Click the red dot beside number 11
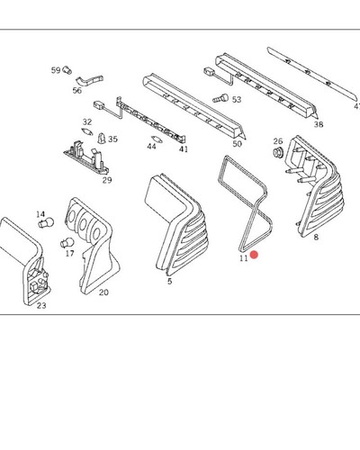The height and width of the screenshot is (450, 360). coord(254,255)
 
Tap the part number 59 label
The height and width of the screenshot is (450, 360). coord(56,70)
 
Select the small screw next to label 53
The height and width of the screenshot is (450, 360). coord(220,98)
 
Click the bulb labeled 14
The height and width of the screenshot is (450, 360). coord(46,222)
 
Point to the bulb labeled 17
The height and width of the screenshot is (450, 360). coord(67,242)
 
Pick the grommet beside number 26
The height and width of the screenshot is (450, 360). coord(278,152)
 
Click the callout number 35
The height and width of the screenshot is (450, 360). coord(112,139)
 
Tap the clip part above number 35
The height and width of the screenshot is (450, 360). coord(102,138)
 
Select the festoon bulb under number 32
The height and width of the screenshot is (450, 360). coord(87,131)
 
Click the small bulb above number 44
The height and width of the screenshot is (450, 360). coord(157,139)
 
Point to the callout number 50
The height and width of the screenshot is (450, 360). coord(237,144)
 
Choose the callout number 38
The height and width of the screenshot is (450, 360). coord(319,124)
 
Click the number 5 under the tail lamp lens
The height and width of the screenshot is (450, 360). coord(170,282)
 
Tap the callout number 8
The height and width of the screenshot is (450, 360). coord(316,238)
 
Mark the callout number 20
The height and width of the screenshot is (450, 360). coord(103,292)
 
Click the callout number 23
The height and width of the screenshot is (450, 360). coord(41,306)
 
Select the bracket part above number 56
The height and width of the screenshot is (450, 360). coord(89,80)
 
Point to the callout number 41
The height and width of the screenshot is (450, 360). coord(184,148)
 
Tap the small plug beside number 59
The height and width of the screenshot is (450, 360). coord(67,70)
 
